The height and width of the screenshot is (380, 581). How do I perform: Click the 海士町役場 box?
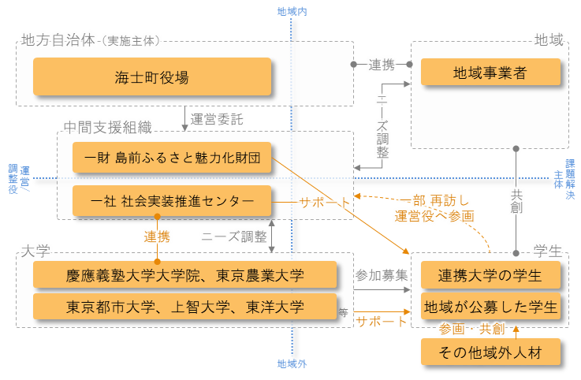click(151, 77)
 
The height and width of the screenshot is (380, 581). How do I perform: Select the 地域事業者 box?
click(490, 73)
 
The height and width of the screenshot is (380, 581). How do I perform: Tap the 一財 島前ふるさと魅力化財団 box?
click(172, 158)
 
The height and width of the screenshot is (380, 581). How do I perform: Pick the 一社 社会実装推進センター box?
click(172, 201)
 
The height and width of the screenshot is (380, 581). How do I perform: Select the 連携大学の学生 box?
click(490, 276)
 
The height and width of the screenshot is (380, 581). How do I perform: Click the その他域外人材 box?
click(490, 351)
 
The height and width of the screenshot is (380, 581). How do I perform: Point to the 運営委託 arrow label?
click(217, 120)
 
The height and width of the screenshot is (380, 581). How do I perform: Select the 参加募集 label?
click(382, 276)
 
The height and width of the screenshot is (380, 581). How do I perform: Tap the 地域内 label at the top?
click(292, 11)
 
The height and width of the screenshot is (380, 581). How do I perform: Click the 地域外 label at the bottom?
click(292, 364)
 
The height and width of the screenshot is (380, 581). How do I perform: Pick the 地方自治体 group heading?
click(59, 39)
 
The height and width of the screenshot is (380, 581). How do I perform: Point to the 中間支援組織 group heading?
click(106, 126)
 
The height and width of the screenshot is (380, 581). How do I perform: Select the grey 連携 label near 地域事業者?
click(381, 65)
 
